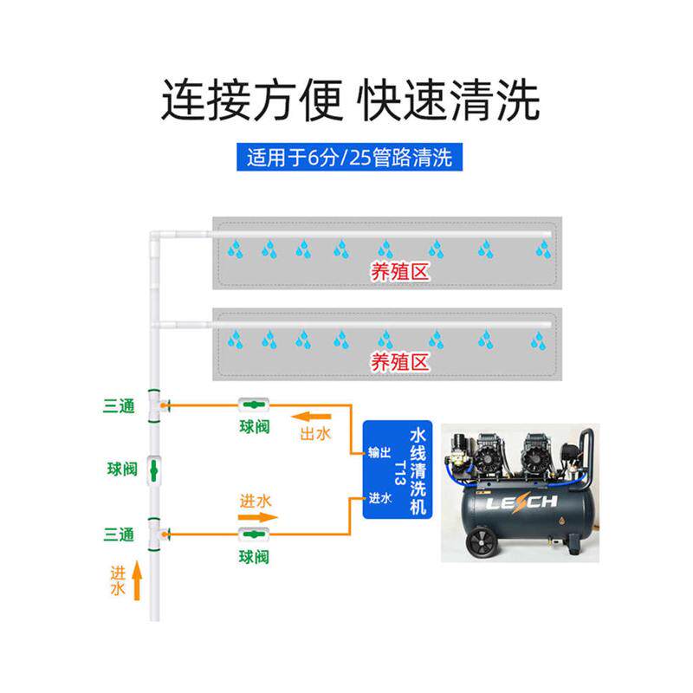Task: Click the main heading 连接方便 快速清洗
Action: (x=350, y=100)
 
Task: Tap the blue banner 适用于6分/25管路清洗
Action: (x=349, y=157)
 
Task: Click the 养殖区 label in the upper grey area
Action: (x=399, y=271)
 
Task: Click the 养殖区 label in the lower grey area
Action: (x=399, y=362)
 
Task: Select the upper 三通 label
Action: (x=119, y=405)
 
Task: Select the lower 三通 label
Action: (x=119, y=534)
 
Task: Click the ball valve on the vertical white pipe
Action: (x=154, y=470)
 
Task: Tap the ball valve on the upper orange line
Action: (x=254, y=405)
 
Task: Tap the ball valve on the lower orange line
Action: (x=254, y=534)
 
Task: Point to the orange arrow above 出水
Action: (x=311, y=417)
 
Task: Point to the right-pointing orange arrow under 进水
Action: (x=257, y=517)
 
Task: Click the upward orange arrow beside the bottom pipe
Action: (x=137, y=580)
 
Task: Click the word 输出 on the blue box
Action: (x=379, y=452)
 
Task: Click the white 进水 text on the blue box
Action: (x=379, y=498)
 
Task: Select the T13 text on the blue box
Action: (x=399, y=473)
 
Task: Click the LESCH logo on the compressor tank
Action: (x=521, y=502)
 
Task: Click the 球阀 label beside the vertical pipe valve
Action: (x=122, y=469)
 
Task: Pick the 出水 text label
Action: (x=315, y=434)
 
